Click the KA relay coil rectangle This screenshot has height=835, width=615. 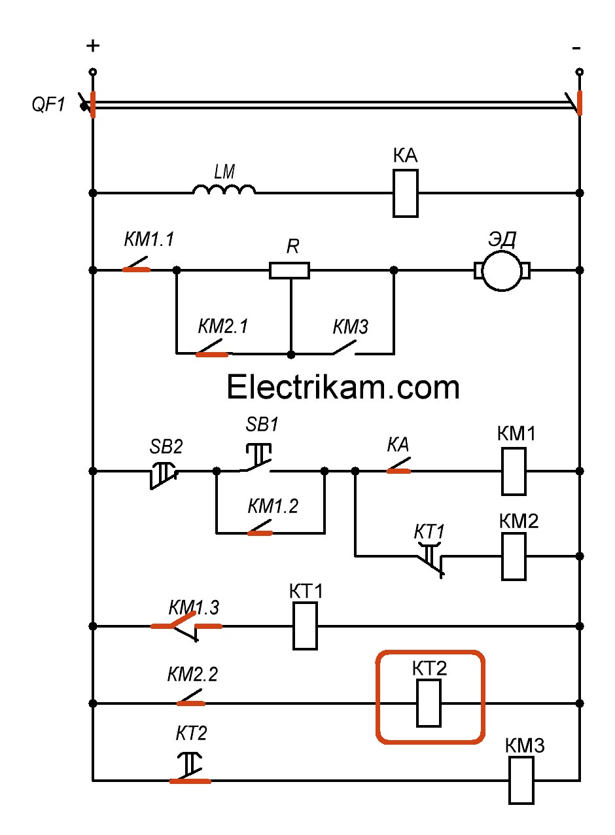[x=406, y=193]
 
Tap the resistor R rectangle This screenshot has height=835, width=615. [x=289, y=270]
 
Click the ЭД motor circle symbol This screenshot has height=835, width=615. [x=502, y=270]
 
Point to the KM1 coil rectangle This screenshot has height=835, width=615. [x=514, y=471]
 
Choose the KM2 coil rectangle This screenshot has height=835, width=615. [x=514, y=556]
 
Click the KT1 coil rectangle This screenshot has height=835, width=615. [x=305, y=626]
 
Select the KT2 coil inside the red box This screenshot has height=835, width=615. [x=429, y=703]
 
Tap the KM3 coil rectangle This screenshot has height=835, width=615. [x=521, y=780]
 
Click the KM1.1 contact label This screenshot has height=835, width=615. [x=149, y=240]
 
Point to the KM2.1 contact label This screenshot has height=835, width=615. [x=223, y=326]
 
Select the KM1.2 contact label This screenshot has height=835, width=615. [x=273, y=506]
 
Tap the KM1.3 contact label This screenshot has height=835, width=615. [x=194, y=607]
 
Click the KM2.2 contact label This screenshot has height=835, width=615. [x=192, y=674]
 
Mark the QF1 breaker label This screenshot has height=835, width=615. [x=49, y=104]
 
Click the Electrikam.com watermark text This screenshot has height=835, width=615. [x=343, y=387]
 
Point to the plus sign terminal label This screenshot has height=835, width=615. [x=93, y=46]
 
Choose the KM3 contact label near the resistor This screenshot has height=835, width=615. [x=351, y=326]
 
